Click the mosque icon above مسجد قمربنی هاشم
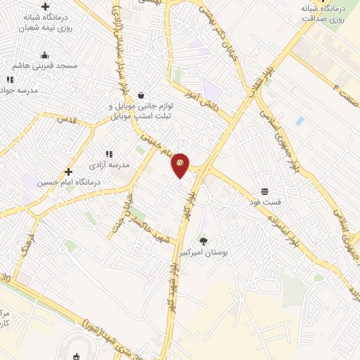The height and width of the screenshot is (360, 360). coord(45,55)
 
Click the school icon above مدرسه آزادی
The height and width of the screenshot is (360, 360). coord(109,153)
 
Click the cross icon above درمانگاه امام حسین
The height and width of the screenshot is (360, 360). coord(69,171)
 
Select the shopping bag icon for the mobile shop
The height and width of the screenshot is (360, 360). coord(141,95)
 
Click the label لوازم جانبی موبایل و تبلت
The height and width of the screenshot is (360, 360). coord(141,110)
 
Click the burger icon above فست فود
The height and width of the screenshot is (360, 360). coord(265,191)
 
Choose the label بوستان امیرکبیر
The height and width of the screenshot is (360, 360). coord(204,251)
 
